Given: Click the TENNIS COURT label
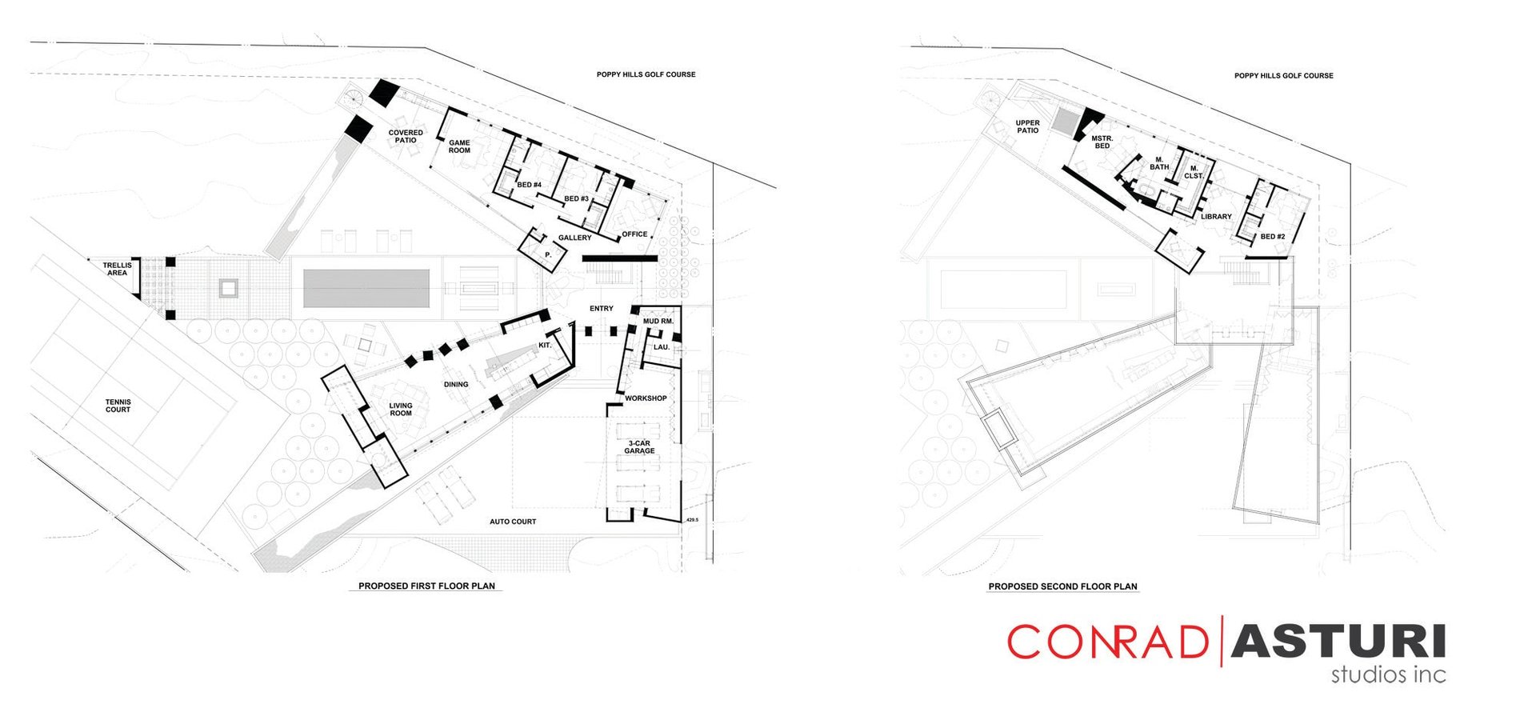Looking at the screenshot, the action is (x=118, y=406).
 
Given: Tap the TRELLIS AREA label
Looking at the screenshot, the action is (x=117, y=269).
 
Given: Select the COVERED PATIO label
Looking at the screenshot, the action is (x=406, y=136).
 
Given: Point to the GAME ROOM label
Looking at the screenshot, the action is (x=459, y=146).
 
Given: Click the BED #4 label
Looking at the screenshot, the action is (x=529, y=185).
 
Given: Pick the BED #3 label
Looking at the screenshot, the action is (x=576, y=198).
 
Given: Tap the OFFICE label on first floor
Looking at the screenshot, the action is (x=634, y=234).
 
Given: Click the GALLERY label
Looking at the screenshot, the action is (x=574, y=238).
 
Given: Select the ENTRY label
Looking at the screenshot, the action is (x=602, y=308).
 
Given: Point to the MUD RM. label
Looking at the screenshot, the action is (x=658, y=321).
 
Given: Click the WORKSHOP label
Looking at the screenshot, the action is (x=646, y=398).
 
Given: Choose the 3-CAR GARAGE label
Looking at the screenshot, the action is (x=640, y=447).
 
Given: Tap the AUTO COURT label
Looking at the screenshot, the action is (x=513, y=522).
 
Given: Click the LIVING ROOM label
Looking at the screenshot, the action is (x=401, y=410).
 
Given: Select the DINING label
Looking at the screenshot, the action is (x=456, y=384).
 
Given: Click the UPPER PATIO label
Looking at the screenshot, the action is (x=1028, y=126).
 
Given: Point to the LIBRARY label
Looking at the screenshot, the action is (x=1216, y=217).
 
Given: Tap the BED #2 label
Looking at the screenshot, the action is (x=1273, y=236).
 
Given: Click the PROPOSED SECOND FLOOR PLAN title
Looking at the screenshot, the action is (x=1062, y=586).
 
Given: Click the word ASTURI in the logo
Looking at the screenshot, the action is (x=1338, y=641).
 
